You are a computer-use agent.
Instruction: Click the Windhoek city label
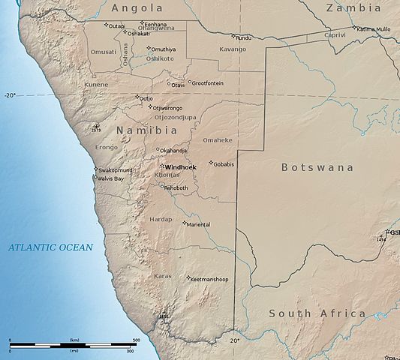181,166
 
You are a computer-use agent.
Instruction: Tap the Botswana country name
317,167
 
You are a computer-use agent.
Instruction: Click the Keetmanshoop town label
210,279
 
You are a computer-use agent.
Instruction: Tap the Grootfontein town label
208,82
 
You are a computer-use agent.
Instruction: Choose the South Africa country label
317,313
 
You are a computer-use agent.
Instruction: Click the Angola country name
137,7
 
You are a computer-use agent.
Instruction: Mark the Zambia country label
353,7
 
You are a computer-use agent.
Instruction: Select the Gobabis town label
224,163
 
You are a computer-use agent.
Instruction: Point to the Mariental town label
198,223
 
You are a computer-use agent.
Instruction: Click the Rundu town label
244,37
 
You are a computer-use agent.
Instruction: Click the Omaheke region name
218,139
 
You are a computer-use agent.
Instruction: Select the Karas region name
162,276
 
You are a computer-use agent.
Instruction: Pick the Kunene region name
96,85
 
